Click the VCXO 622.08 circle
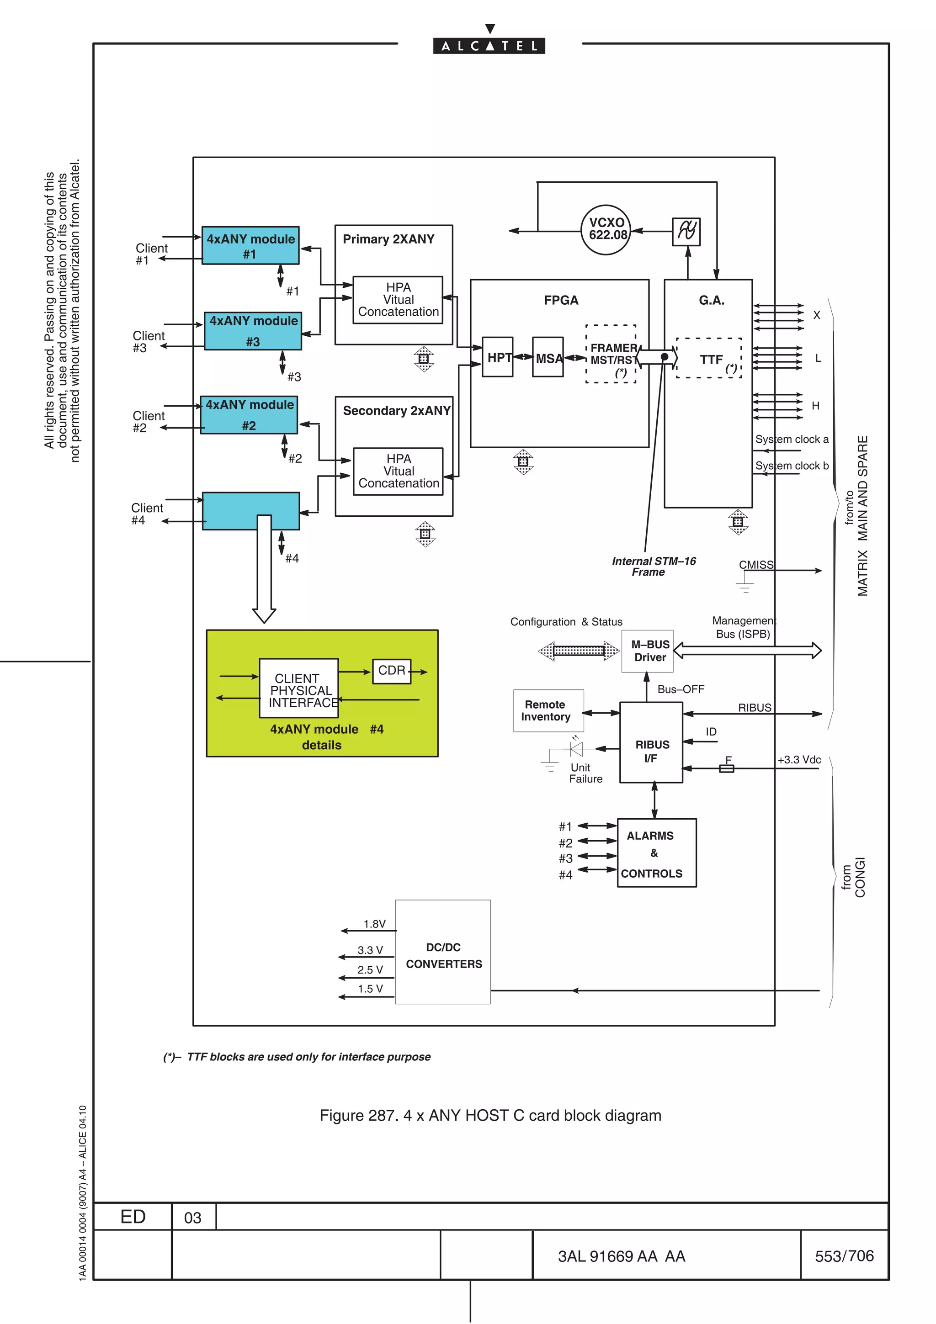coord(606,229)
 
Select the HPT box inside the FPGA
coord(497,357)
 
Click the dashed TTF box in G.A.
coord(709,358)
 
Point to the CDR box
coord(392,671)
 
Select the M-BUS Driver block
coord(647,651)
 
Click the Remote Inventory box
coord(548,710)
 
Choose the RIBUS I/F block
coord(651,743)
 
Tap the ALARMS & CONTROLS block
coord(656,853)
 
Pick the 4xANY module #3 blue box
coord(253,331)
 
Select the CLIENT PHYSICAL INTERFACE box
coord(299,688)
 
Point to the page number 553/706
coord(844,1255)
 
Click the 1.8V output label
coord(374,924)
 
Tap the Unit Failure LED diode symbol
coord(575,748)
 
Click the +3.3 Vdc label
coord(799,759)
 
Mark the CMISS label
coord(755,565)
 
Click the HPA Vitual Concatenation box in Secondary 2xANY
coord(398,471)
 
